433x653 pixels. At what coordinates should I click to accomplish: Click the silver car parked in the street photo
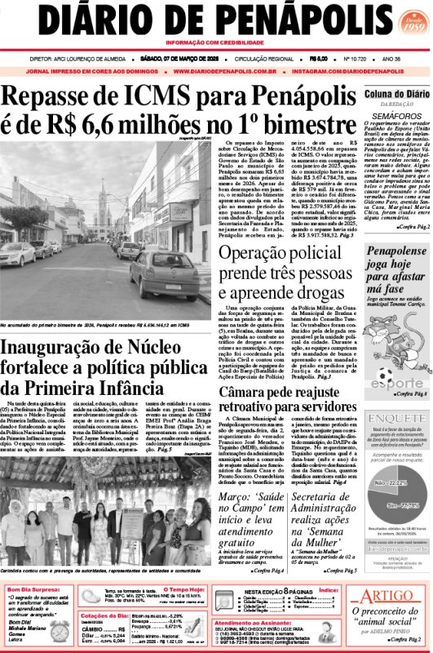(162, 273)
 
